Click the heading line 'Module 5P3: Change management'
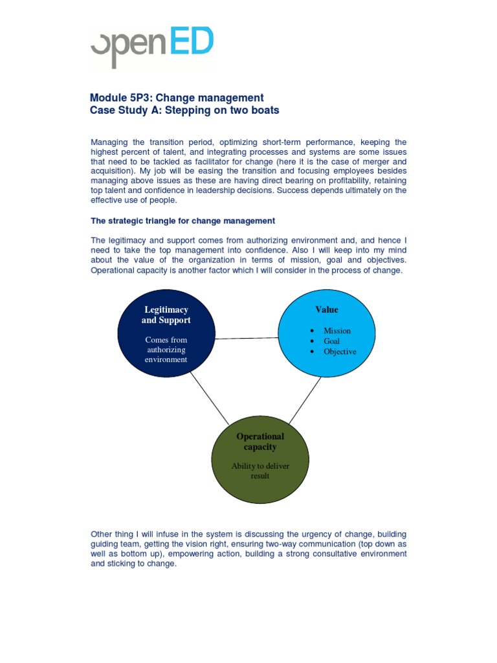click(177, 98)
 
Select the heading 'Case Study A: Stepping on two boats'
click(184, 110)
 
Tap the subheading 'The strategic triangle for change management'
click(183, 221)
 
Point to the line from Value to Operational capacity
click(304, 401)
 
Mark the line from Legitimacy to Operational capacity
click(208, 398)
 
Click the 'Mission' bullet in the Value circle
click(337, 331)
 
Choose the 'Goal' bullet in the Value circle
click(331, 341)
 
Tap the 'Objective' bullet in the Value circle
click(340, 352)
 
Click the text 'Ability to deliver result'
click(260, 471)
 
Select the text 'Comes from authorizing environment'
click(166, 350)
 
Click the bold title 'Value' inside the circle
click(326, 309)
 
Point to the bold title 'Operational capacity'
click(260, 442)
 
